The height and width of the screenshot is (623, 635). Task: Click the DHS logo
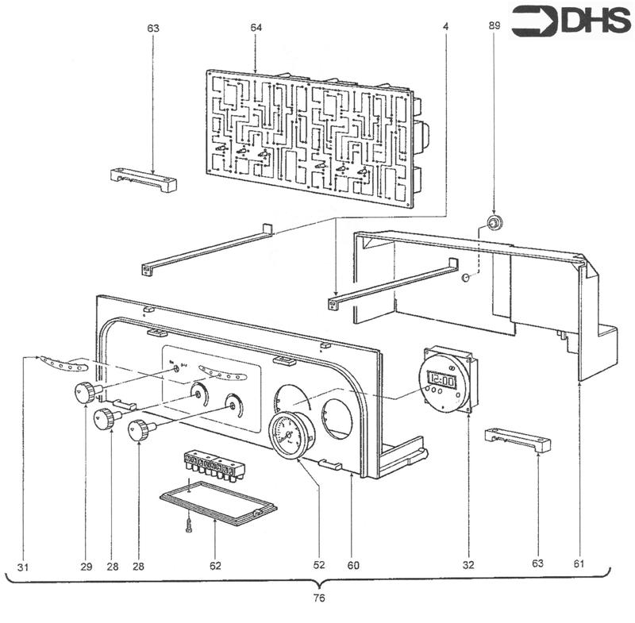click(x=571, y=21)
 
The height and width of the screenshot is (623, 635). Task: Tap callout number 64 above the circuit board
click(x=256, y=28)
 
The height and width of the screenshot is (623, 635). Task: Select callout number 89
click(x=494, y=25)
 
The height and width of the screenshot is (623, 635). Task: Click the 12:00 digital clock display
click(x=442, y=380)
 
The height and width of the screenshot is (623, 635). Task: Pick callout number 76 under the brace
click(x=319, y=598)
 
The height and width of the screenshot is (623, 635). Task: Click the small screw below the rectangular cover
click(x=188, y=527)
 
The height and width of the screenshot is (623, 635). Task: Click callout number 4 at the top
click(x=445, y=27)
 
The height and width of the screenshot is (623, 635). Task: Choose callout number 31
click(x=23, y=567)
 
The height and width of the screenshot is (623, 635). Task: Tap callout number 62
click(x=215, y=566)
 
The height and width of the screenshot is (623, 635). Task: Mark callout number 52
click(x=319, y=565)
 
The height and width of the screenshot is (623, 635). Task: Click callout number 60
click(x=353, y=566)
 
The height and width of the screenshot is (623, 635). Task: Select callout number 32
click(x=468, y=565)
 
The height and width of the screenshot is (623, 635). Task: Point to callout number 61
click(x=579, y=563)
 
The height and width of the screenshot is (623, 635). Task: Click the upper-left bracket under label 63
click(x=144, y=180)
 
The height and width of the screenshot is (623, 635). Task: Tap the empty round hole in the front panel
click(x=337, y=419)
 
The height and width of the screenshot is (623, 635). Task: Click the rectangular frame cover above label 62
click(x=218, y=503)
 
